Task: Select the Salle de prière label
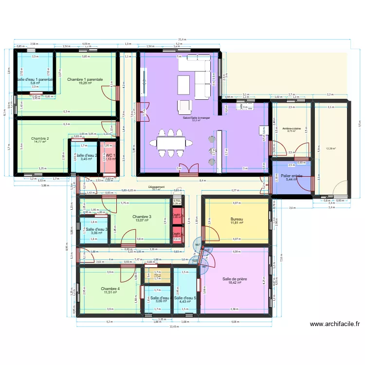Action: click(235, 279)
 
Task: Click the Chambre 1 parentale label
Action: click(85, 79)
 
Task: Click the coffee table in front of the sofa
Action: click(184, 83)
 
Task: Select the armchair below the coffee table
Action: click(184, 106)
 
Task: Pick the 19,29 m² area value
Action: click(85, 83)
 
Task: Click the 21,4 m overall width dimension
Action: click(182, 40)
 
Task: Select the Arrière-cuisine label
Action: click(291, 128)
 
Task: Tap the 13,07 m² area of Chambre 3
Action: click(142, 220)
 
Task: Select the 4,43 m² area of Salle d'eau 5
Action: click(185, 302)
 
